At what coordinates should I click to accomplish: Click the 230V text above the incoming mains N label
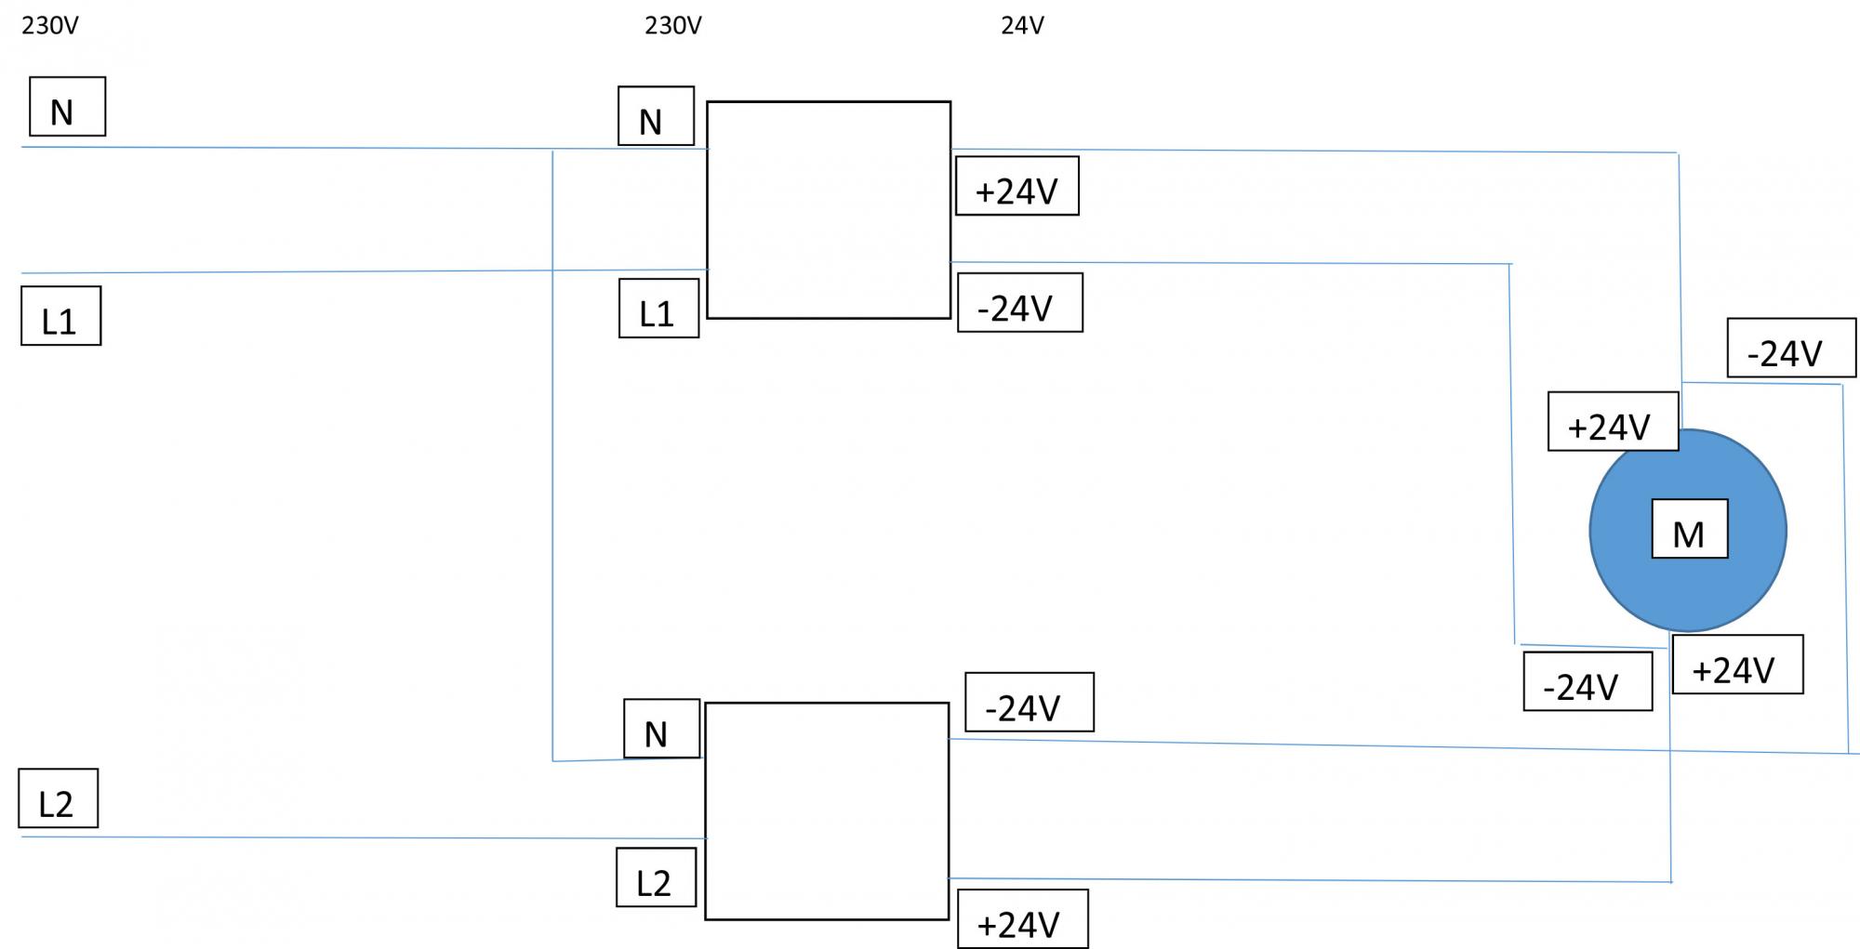coord(50,26)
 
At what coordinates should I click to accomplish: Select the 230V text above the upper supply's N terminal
coord(672,26)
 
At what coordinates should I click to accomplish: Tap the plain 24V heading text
coord(1022,26)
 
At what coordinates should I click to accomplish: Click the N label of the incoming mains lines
coord(67,107)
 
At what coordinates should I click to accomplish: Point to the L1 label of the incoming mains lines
coord(60,316)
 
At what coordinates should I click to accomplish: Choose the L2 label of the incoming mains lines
coord(58,798)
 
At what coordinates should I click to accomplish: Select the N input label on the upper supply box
coord(656,116)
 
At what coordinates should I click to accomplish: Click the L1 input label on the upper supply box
coord(658,309)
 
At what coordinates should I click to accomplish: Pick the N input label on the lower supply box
coord(661,729)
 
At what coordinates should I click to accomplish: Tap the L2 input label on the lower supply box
coord(656,877)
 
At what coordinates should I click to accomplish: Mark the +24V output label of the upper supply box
coord(1017,186)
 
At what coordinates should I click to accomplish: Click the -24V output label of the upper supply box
coord(1019,303)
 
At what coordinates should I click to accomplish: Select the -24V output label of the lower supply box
coord(1029,703)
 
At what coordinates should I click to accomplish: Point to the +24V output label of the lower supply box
coord(1022,919)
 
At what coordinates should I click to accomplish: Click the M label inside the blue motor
coord(1689,529)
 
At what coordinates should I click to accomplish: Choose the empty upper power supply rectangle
coord(829,210)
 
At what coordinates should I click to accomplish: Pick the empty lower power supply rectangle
coord(827,811)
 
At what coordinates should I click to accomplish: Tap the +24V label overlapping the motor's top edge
coord(1613,422)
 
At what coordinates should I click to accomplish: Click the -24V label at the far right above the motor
coord(1791,349)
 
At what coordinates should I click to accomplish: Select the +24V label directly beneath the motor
coord(1737,665)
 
